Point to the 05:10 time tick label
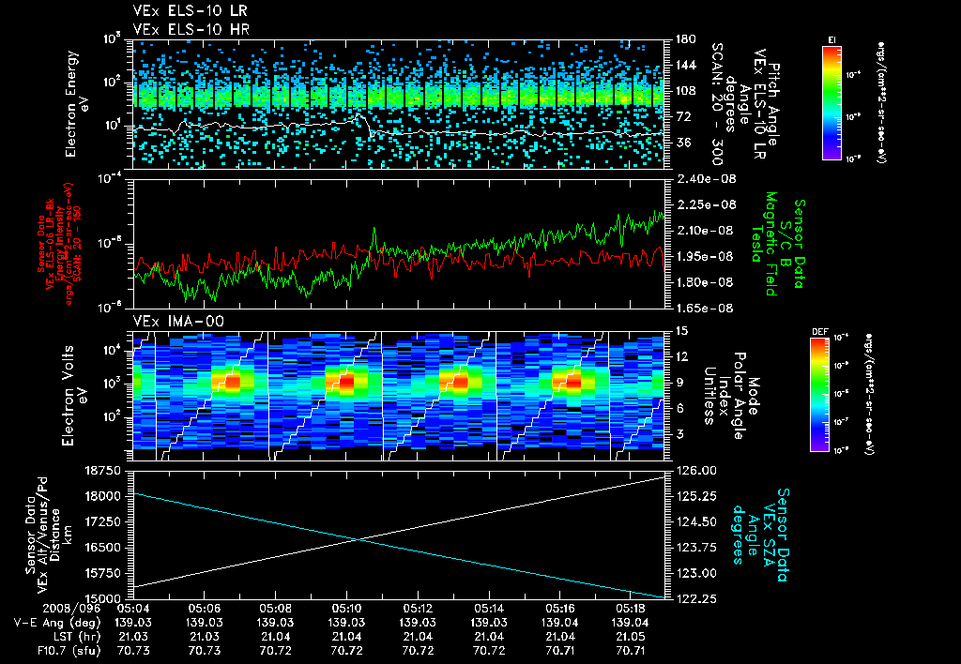[x=346, y=608]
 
